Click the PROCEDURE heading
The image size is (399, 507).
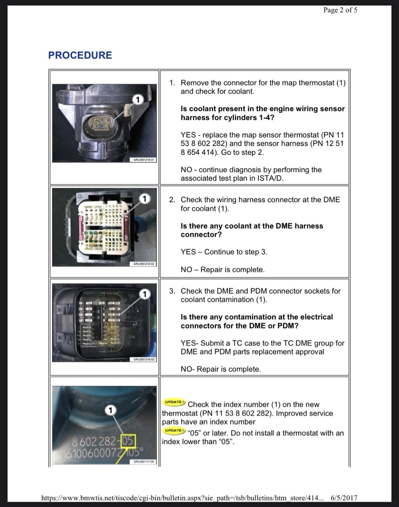tap(80, 55)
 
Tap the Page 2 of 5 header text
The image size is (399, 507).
tap(340, 10)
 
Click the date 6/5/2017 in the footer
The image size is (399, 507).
tap(344, 498)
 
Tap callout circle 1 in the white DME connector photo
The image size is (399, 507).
tap(144, 199)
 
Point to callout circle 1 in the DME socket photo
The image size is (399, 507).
tap(144, 294)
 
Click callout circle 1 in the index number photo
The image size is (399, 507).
tap(110, 410)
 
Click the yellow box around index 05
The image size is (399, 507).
tap(128, 441)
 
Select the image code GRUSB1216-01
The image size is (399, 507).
tap(144, 160)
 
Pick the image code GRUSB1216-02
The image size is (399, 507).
tap(144, 264)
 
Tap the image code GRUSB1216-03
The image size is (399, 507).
tap(144, 359)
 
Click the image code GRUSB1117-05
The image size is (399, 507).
tap(144, 461)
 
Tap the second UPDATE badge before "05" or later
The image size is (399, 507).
tap(174, 430)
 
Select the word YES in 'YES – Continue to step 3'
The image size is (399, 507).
tap(188, 252)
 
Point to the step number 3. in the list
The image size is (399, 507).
tap(172, 291)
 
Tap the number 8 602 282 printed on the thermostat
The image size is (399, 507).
tap(94, 442)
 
